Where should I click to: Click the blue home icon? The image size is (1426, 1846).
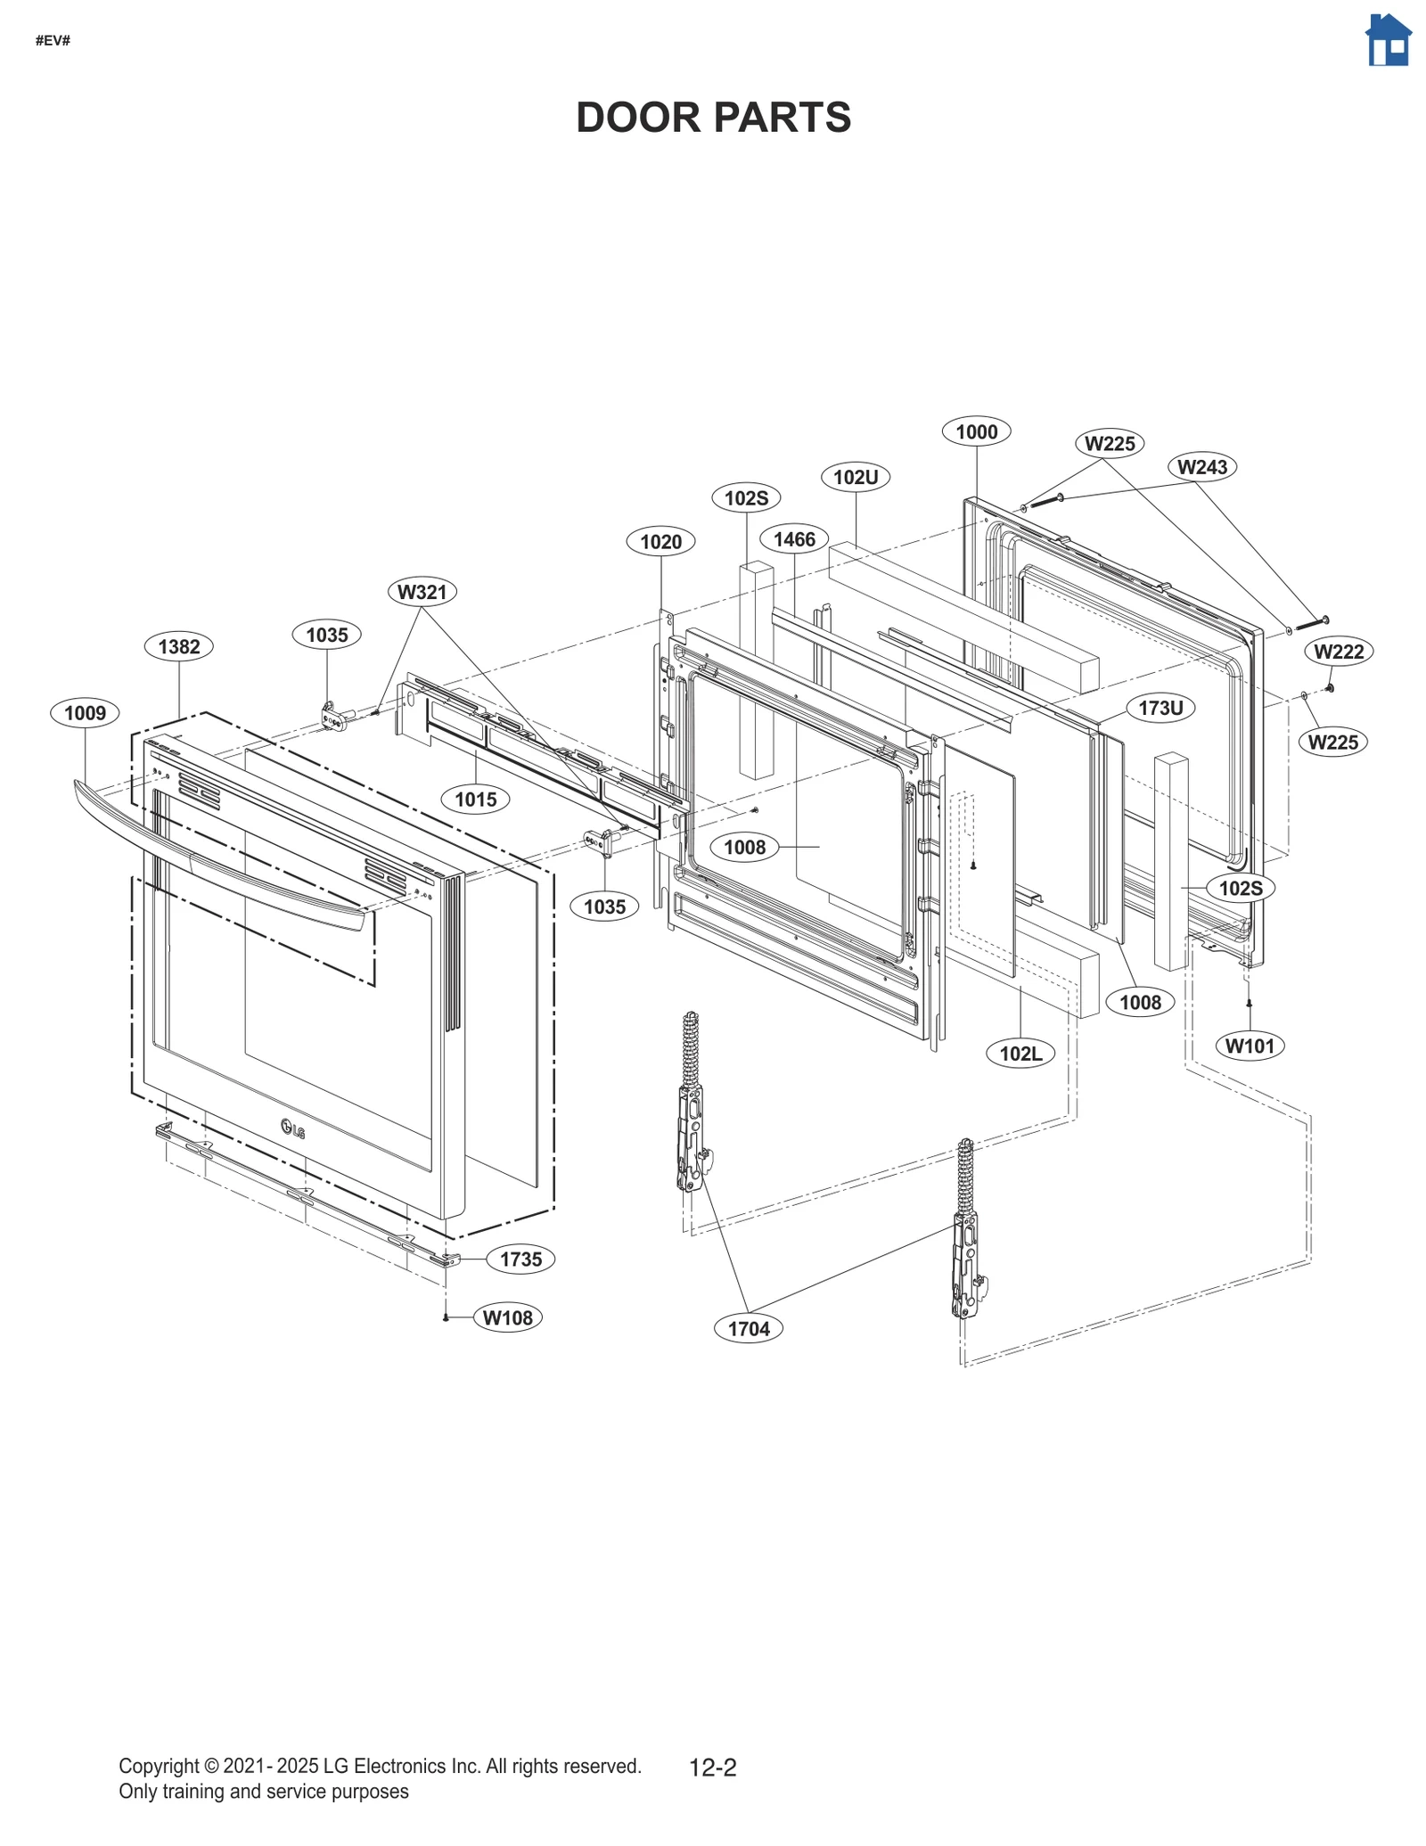[x=1388, y=40]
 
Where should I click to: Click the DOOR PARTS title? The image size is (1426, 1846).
[x=713, y=118]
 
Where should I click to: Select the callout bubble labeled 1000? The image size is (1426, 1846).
[x=976, y=432]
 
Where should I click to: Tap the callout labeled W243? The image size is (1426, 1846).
[x=1201, y=466]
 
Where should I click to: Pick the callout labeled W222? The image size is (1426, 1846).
[x=1338, y=652]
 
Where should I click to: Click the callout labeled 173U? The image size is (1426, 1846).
[x=1160, y=708]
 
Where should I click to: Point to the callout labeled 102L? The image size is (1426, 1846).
[x=1020, y=1054]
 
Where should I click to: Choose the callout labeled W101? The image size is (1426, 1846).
[x=1250, y=1046]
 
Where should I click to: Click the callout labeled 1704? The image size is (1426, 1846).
[x=748, y=1329]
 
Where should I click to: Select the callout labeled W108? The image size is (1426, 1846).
[x=507, y=1317]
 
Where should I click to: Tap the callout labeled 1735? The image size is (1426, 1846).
[x=520, y=1259]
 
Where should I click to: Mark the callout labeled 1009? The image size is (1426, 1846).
[x=85, y=713]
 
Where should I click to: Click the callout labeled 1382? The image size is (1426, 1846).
[x=178, y=646]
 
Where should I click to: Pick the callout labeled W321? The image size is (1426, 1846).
[x=422, y=592]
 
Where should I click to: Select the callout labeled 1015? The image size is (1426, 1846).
[x=475, y=799]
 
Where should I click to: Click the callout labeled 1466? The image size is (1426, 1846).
[x=793, y=539]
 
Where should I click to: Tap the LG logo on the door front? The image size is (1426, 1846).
[x=292, y=1128]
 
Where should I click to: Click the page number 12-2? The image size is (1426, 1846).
[x=712, y=1767]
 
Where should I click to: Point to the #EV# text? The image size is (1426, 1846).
[x=53, y=41]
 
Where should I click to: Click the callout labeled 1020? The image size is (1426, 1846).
[x=660, y=541]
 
